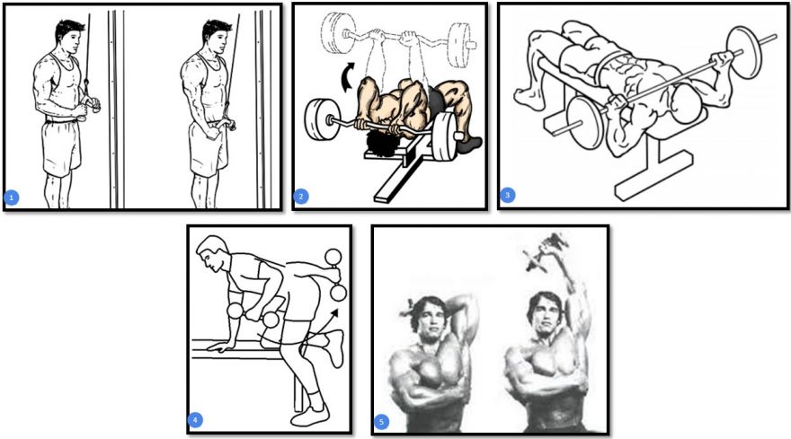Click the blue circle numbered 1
11,198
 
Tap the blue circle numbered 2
300,196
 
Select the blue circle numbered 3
508,195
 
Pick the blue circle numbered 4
195,420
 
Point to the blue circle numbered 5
381,421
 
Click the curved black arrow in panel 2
348,77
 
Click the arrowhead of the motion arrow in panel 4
334,313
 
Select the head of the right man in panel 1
216,36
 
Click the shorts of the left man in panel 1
61,147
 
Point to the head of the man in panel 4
211,253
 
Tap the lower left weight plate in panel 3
586,123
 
